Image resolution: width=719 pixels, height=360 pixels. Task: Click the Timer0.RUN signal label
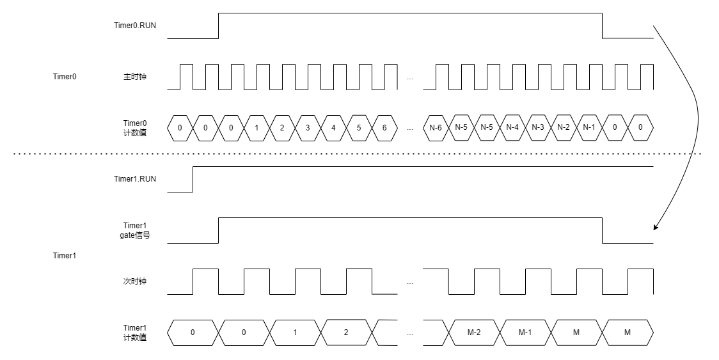(135, 26)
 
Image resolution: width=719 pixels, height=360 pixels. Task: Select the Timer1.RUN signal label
(135, 179)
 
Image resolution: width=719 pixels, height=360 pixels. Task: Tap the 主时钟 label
(135, 77)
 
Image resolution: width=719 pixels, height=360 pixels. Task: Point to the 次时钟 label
(135, 281)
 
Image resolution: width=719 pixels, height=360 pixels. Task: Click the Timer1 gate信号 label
(135, 230)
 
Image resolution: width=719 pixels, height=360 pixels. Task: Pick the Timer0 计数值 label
(135, 128)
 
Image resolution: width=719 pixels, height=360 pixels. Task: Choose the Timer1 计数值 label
(135, 333)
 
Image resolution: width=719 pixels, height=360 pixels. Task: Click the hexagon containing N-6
(436, 128)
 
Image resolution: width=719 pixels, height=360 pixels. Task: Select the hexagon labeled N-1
(589, 128)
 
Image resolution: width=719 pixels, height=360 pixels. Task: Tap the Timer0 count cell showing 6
(384, 128)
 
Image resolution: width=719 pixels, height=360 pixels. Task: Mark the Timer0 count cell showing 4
(333, 128)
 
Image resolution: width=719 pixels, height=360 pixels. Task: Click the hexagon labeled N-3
(538, 128)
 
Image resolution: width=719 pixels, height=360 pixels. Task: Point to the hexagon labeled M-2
(474, 333)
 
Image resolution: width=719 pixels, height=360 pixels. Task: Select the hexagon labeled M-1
(525, 333)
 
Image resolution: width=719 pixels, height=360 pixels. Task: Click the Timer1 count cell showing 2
(346, 333)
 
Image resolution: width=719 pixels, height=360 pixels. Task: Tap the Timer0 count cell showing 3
(308, 128)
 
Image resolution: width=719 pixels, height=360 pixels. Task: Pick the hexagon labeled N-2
(564, 128)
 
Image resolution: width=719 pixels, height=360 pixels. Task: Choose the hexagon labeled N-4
(512, 128)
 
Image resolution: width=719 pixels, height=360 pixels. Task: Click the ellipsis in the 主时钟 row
(410, 79)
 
